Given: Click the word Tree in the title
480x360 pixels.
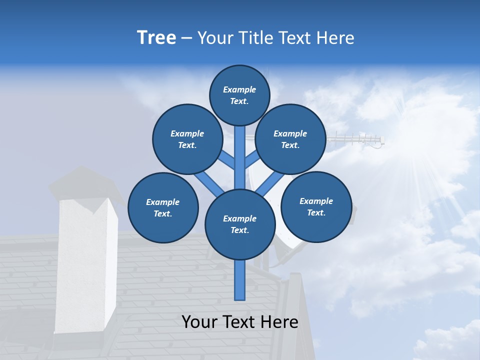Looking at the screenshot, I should point(156,38).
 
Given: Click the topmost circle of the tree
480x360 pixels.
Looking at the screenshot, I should point(239,95).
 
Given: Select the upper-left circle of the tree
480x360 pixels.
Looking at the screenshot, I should point(187,139).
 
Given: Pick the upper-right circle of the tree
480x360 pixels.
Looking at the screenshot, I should point(290,139).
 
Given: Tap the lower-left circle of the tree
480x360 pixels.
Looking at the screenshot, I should point(163,207).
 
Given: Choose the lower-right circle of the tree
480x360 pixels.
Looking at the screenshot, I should point(316,206).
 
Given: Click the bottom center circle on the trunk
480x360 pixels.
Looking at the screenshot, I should point(240,224).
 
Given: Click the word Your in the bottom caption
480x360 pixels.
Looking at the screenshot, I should point(200,322).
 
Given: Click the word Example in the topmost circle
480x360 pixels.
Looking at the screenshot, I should point(239,89).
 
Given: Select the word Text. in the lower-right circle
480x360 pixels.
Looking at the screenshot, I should point(316,212).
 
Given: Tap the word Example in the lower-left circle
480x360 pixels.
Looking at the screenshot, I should point(163,202).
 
